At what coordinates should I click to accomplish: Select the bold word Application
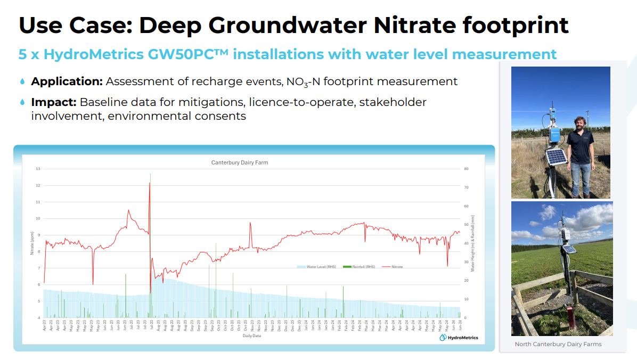[x=67, y=81]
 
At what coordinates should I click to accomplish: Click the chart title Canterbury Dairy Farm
[x=240, y=163]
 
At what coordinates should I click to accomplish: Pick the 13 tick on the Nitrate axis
[x=38, y=169]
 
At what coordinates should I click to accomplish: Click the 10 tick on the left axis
[x=38, y=218]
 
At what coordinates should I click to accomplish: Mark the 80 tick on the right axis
[x=466, y=169]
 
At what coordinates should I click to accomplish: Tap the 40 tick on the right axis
[x=466, y=243]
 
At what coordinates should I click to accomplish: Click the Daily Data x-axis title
[x=252, y=336]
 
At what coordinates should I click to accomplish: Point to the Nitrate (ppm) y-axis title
[x=31, y=243]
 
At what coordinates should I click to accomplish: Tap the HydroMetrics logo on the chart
[x=459, y=337]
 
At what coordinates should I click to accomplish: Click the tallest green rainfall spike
[x=150, y=176]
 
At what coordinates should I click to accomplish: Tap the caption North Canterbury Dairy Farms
[x=558, y=344]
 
